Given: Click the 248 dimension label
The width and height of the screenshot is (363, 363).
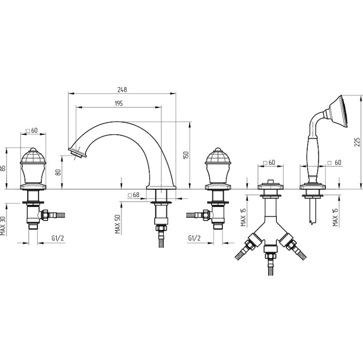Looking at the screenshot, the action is click(x=122, y=90).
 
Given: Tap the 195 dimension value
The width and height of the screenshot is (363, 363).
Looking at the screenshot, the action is click(x=119, y=103).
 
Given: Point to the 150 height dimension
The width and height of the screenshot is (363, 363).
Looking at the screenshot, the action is click(x=186, y=155).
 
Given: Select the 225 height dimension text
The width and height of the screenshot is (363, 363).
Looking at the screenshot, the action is click(x=357, y=142).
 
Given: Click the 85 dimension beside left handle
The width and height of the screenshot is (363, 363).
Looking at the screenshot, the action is click(x=3, y=168).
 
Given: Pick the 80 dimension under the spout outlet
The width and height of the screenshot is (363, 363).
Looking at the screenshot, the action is click(x=58, y=172).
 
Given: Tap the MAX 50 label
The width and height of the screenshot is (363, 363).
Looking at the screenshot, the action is click(x=118, y=224).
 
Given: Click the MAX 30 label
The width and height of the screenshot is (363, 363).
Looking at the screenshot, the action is click(x=3, y=226).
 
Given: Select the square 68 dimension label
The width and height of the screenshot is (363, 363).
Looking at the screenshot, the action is click(x=134, y=195).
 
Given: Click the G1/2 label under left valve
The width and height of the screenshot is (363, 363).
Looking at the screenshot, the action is click(x=58, y=238).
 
